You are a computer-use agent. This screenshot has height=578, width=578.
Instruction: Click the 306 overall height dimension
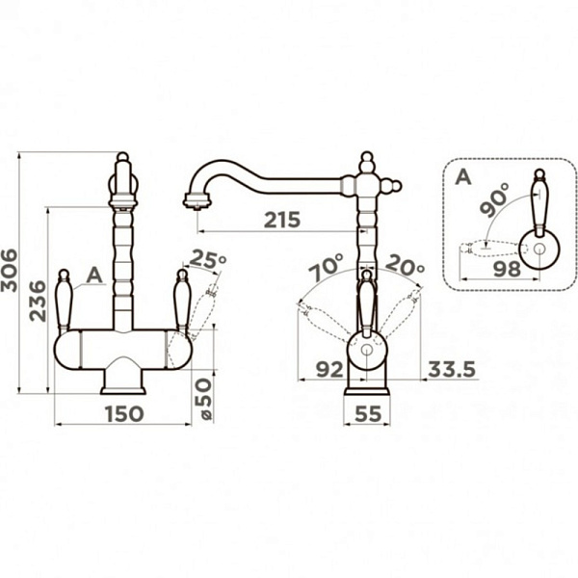tap(9, 271)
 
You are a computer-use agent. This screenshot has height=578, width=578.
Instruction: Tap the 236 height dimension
tap(39, 302)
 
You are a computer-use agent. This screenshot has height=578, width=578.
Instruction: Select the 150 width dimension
tap(124, 413)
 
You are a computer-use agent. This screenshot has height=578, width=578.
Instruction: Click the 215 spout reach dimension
tap(282, 220)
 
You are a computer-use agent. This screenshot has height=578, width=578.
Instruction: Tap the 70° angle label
tap(327, 267)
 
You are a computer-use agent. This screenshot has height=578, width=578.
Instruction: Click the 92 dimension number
tap(329, 369)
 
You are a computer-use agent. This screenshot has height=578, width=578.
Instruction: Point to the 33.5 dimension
tap(452, 369)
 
